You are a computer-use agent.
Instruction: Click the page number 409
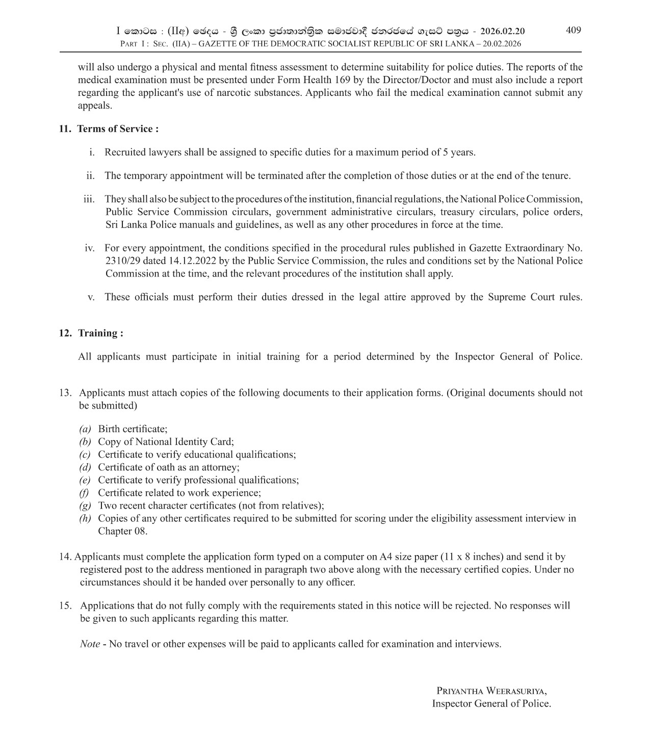pyautogui.click(x=573, y=30)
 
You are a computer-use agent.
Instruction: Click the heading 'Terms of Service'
pyautogui.click(x=115, y=129)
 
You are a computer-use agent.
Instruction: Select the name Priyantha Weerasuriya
pyautogui.click(x=491, y=691)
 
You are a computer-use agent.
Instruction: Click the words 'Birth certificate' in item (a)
pyautogui.click(x=132, y=429)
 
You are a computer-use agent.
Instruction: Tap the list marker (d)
pyautogui.click(x=85, y=467)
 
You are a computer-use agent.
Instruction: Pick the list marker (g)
pyautogui.click(x=85, y=506)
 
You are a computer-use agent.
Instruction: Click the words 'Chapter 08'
pyautogui.click(x=122, y=531)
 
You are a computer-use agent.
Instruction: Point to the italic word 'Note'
pyautogui.click(x=90, y=644)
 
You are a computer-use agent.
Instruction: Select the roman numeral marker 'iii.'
pyautogui.click(x=89, y=199)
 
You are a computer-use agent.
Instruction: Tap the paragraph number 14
pyautogui.click(x=66, y=557)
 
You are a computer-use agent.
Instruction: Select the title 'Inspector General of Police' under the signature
pyautogui.click(x=491, y=703)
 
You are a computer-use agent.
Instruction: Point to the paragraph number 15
pyautogui.click(x=65, y=606)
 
